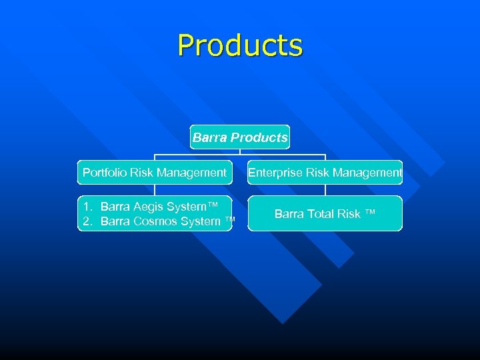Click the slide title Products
[x=240, y=45]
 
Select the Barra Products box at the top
[x=240, y=137]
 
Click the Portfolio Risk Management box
[x=155, y=173]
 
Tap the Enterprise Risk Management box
[x=325, y=173]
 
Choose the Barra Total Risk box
[x=325, y=213]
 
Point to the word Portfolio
[x=105, y=173]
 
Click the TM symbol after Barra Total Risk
[x=370, y=213]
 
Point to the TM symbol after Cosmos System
[x=230, y=220]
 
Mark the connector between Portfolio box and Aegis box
[x=155, y=190]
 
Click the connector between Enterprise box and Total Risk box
[x=325, y=190]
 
